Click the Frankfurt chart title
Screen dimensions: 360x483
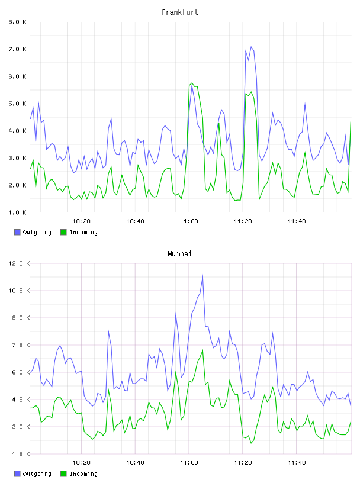point(180,12)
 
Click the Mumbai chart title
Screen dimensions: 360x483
point(179,254)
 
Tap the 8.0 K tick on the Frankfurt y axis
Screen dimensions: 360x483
point(17,22)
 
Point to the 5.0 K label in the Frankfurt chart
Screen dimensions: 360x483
point(17,104)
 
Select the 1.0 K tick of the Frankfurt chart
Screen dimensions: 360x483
point(17,212)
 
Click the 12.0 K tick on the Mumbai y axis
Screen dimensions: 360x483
point(19,263)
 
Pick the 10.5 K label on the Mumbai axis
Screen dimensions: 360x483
point(19,291)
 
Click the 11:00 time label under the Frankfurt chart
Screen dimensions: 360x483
point(189,221)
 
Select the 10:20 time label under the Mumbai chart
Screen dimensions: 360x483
point(81,463)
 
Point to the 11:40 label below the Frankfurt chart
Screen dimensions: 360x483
point(297,221)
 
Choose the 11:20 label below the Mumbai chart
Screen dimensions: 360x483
point(243,463)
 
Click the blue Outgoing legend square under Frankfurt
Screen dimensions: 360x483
point(17,232)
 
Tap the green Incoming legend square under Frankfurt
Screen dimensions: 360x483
point(63,232)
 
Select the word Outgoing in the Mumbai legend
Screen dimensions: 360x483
point(37,474)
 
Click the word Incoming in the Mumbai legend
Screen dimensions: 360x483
point(84,474)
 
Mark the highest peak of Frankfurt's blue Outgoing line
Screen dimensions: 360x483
point(251,47)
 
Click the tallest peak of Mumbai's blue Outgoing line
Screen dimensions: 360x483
point(202,275)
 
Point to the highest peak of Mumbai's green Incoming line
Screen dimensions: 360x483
point(202,350)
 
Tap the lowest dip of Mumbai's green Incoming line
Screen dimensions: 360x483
point(251,443)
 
